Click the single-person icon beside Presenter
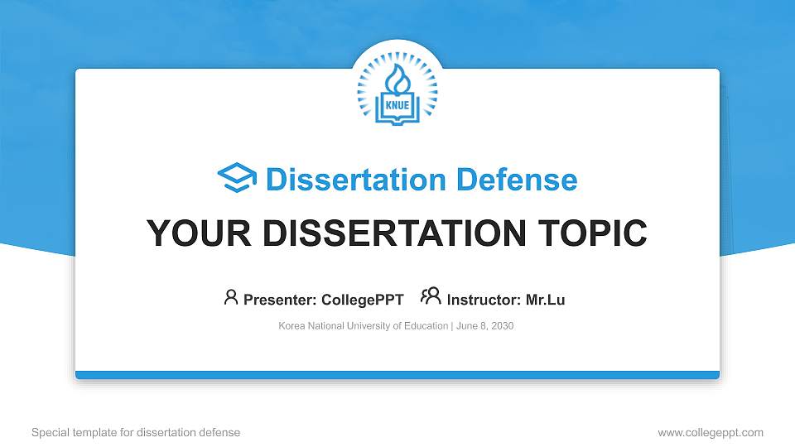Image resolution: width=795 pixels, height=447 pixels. [x=231, y=297]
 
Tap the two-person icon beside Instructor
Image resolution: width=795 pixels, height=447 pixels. [x=431, y=297]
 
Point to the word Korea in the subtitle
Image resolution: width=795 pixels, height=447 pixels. [x=291, y=326]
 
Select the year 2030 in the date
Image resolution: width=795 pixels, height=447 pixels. [x=502, y=326]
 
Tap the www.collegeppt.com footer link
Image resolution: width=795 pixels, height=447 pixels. [x=711, y=433]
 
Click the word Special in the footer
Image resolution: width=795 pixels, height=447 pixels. [x=49, y=433]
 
